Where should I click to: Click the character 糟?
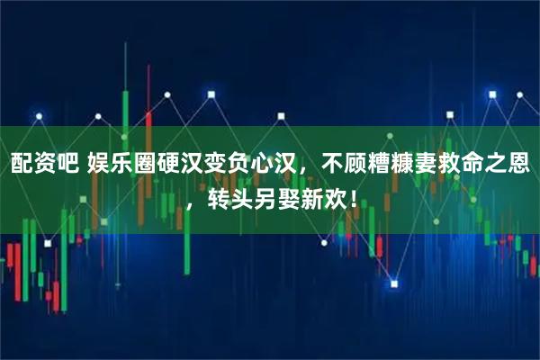[x=369, y=166]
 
